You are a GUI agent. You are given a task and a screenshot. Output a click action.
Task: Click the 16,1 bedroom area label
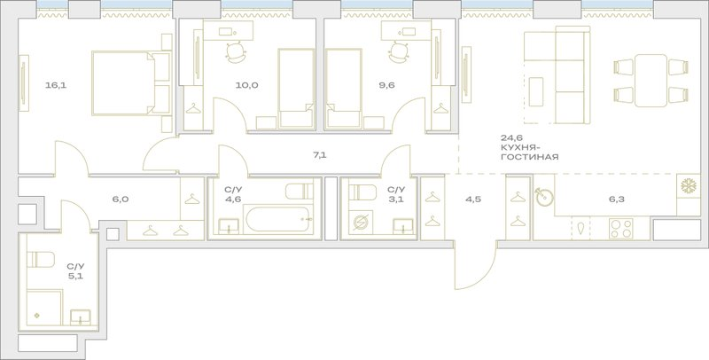click(56, 85)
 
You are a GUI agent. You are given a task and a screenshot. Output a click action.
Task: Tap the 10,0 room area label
click(247, 85)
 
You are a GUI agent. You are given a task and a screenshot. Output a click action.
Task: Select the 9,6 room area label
click(387, 85)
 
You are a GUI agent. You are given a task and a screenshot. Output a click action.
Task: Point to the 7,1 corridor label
click(320, 155)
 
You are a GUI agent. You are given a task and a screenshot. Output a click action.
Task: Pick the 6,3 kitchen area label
click(616, 199)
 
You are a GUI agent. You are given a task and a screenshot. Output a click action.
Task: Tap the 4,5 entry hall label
click(473, 199)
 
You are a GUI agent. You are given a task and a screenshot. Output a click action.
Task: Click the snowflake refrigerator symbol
click(689, 186)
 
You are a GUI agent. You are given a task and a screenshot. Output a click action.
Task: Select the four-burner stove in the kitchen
click(621, 228)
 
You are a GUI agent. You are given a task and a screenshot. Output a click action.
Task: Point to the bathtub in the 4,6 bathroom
click(278, 220)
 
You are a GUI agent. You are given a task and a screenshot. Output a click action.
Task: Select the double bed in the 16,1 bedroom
click(131, 82)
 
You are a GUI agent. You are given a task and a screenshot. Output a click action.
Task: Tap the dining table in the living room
click(651, 81)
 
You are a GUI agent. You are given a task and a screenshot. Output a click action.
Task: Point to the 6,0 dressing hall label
click(116, 199)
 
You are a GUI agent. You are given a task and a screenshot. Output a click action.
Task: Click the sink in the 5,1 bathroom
click(81, 317)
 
